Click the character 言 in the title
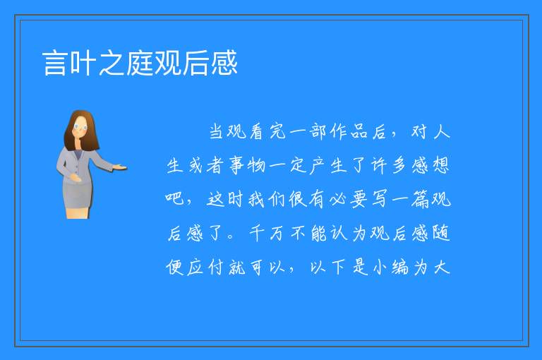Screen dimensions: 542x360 (x=56, y=63)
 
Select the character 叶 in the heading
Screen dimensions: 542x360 (x=83, y=63)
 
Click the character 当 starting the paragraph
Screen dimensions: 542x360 (x=216, y=131)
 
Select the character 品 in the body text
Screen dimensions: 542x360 (x=359, y=131)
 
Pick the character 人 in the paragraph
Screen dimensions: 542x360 (x=441, y=131)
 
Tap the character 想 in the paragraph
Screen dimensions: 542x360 (x=441, y=165)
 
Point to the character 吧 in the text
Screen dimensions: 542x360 (x=174, y=199)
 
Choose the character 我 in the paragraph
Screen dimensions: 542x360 (x=256, y=199)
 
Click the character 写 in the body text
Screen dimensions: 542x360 (x=380, y=199)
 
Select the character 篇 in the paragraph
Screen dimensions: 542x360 (x=421, y=199)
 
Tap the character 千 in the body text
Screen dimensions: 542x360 (x=257, y=233)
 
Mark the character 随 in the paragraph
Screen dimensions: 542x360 (x=441, y=233)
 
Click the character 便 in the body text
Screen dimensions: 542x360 (x=174, y=267)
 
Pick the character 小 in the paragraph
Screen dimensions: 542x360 (x=380, y=267)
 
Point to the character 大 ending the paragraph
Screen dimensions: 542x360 (x=441, y=267)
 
